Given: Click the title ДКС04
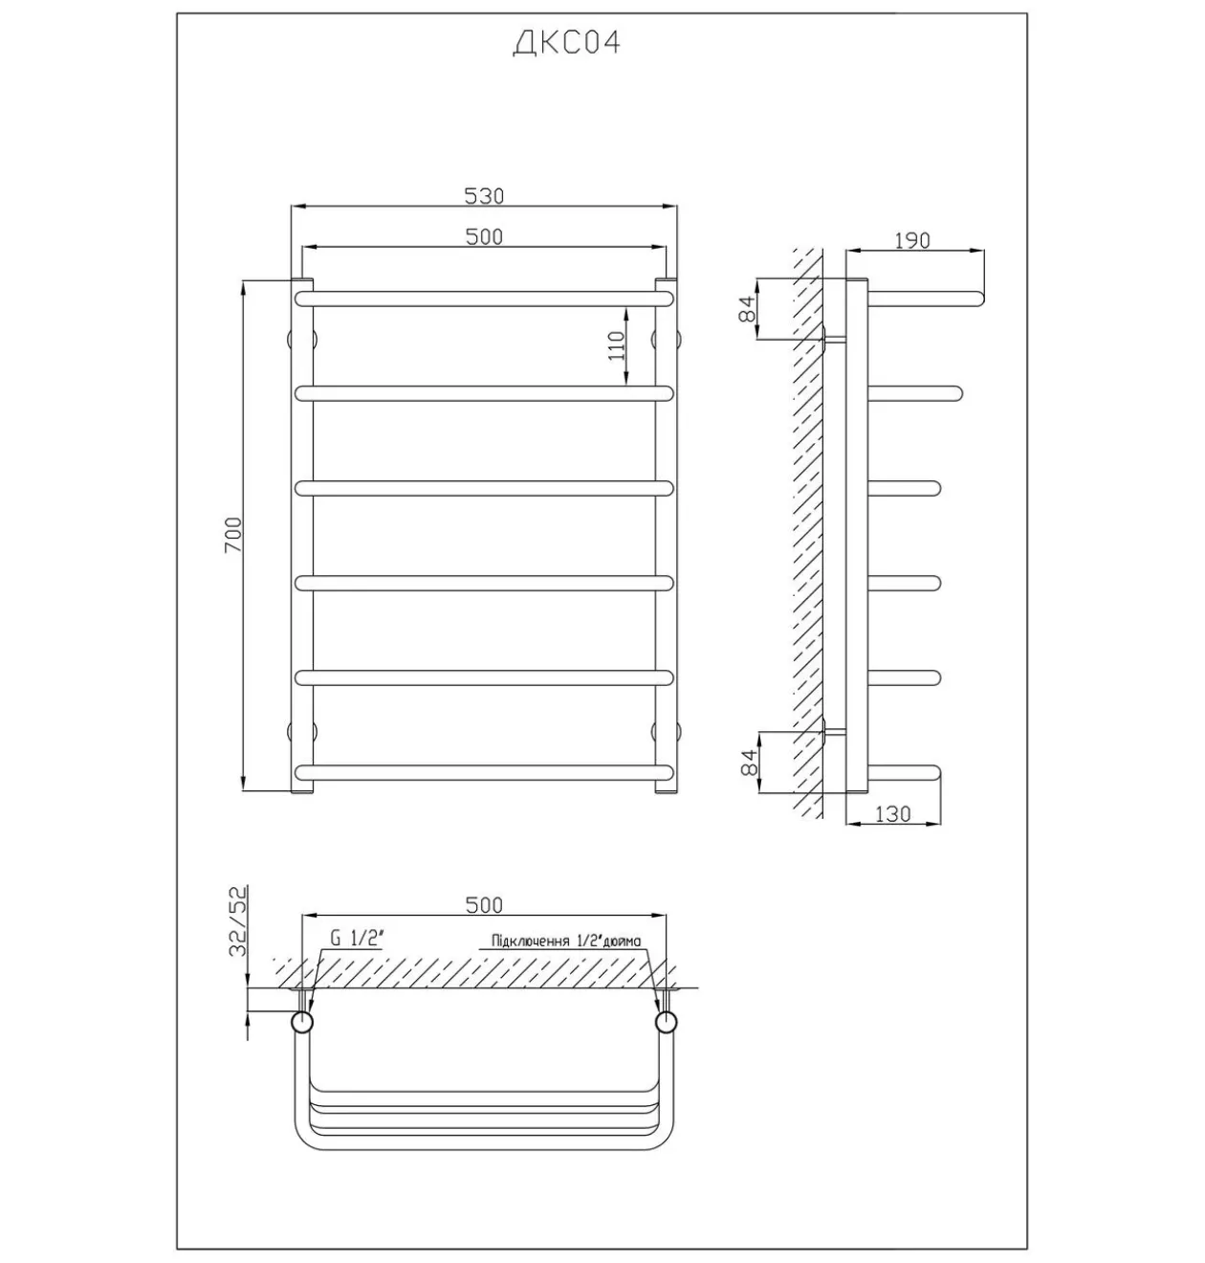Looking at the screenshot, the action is (566, 43).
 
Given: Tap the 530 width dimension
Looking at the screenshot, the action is (484, 196).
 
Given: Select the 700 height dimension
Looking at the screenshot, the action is (233, 535).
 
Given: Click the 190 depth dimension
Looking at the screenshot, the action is (912, 240).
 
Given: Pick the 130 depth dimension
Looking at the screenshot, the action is (893, 814).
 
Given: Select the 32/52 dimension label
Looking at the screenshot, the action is (238, 921).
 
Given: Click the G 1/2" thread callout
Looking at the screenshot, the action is (357, 939).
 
